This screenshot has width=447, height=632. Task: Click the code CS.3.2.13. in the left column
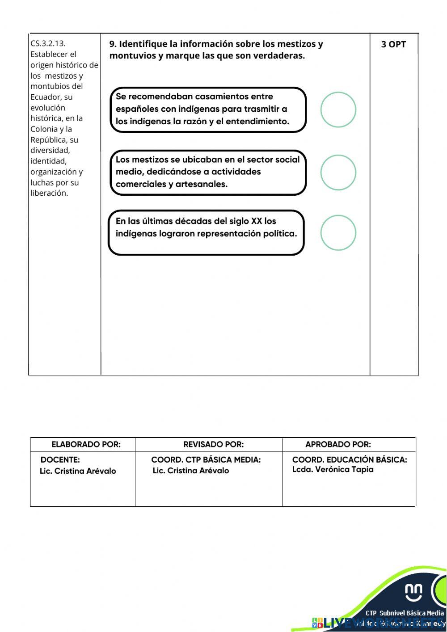pyautogui.click(x=48, y=43)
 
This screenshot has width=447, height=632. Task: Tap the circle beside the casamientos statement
pyautogui.click(x=338, y=110)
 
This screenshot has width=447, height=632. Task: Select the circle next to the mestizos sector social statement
pyautogui.click(x=338, y=173)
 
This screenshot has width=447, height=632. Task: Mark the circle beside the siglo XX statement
pyautogui.click(x=338, y=233)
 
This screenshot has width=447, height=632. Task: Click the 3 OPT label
pyautogui.click(x=393, y=44)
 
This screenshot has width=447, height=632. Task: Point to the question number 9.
pyautogui.click(x=113, y=44)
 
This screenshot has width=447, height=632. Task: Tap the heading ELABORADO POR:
pyautogui.click(x=86, y=444)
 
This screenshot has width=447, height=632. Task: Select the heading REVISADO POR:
pyautogui.click(x=213, y=444)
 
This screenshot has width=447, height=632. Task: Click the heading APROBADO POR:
pyautogui.click(x=338, y=444)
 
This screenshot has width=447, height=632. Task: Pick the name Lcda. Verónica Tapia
pyautogui.click(x=333, y=469)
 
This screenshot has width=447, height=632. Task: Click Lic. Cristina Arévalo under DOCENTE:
pyautogui.click(x=78, y=471)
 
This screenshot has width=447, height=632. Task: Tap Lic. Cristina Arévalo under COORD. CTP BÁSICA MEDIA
pyautogui.click(x=191, y=471)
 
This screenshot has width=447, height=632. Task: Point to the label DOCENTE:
pyautogui.click(x=60, y=459)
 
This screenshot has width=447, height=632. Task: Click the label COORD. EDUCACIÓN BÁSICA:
pyautogui.click(x=350, y=459)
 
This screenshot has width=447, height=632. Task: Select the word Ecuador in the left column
pyautogui.click(x=45, y=97)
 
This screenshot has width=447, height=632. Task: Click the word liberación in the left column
pyautogui.click(x=49, y=193)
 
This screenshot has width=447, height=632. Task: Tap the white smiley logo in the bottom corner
pyautogui.click(x=413, y=592)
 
